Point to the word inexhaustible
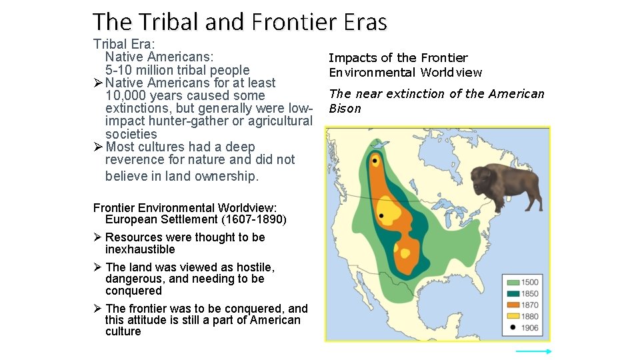[x=140, y=249]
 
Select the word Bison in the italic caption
[x=345, y=109]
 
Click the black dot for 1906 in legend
[x=512, y=327]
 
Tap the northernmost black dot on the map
[x=375, y=161]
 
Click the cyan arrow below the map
[x=533, y=351]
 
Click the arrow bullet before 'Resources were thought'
[x=97, y=237]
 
